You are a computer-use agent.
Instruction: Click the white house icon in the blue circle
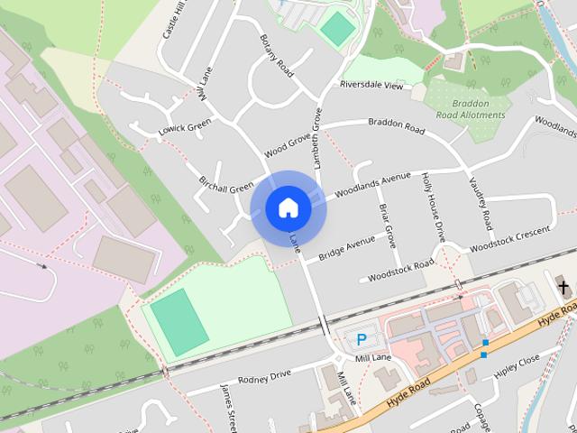pyautogui.click(x=288, y=208)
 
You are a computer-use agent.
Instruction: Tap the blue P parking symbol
pyautogui.click(x=362, y=340)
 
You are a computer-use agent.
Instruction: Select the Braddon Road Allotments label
pyautogui.click(x=472, y=109)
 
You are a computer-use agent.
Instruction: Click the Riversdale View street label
pyautogui.click(x=371, y=86)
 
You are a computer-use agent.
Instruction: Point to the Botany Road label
pyautogui.click(x=277, y=55)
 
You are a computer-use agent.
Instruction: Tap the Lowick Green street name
pyautogui.click(x=184, y=128)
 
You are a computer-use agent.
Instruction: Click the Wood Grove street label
pyautogui.click(x=288, y=146)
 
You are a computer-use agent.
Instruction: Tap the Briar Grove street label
pyautogui.click(x=387, y=226)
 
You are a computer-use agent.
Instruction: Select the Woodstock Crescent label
pyautogui.click(x=509, y=237)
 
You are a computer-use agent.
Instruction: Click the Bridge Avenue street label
pyautogui.click(x=346, y=247)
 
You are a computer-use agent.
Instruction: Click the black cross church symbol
pyautogui.click(x=564, y=288)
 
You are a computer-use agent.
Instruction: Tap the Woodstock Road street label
pyautogui.click(x=401, y=269)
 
